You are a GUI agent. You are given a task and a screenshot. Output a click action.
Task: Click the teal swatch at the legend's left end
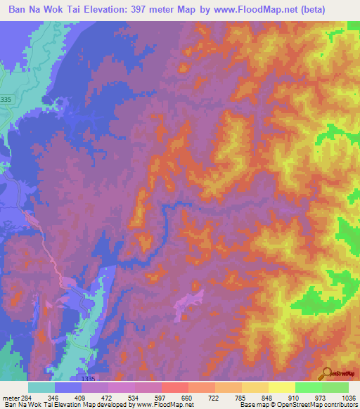coord(41,388)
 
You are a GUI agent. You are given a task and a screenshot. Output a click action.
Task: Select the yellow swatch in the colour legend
coord(281,388)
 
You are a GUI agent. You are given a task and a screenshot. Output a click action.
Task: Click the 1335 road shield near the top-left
coord(6,100)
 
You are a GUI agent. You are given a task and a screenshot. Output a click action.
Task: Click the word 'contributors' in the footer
coord(340,404)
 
